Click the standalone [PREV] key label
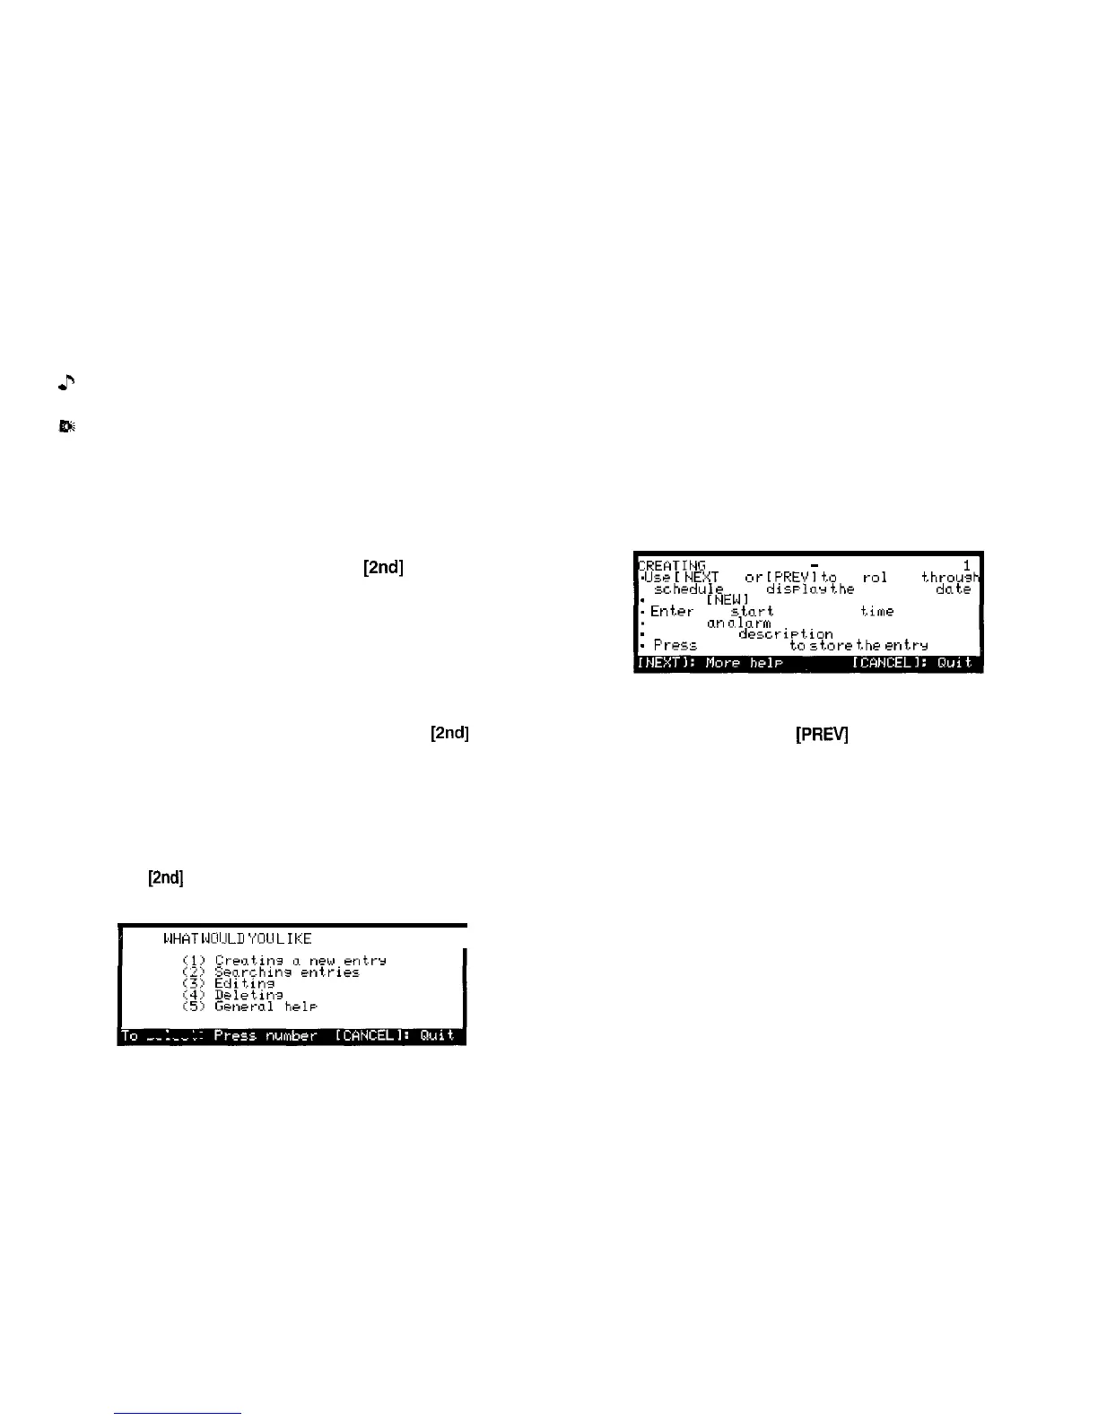[x=822, y=735]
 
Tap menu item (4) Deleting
[x=248, y=995]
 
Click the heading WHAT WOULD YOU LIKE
[x=237, y=939]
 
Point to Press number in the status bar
[x=266, y=1036]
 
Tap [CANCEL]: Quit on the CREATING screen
[x=911, y=663]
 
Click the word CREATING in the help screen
[x=672, y=565]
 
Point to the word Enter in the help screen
[x=672, y=612]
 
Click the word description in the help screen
[x=785, y=634]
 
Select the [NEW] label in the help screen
[x=728, y=600]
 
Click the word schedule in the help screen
[x=689, y=589]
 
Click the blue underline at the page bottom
[x=179, y=1414]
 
